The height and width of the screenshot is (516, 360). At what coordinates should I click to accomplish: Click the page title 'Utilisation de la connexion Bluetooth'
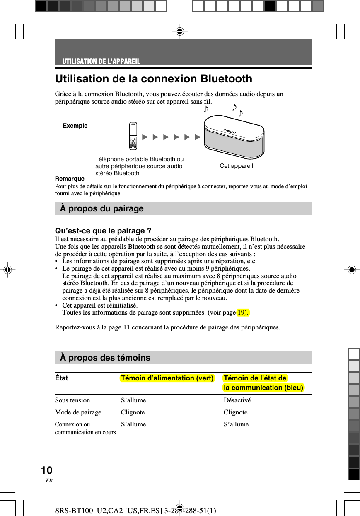[x=153, y=79]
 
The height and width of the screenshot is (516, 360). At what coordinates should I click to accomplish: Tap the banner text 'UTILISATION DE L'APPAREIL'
[x=101, y=61]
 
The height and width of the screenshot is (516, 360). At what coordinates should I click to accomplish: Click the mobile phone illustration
[x=133, y=136]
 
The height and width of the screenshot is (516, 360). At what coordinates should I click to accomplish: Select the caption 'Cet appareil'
[x=236, y=166]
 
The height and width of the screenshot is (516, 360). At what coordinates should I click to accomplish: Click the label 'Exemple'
[x=75, y=126]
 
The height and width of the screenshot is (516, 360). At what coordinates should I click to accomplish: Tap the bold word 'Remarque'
[x=70, y=179]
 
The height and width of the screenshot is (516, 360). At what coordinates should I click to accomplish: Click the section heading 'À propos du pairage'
[x=102, y=208]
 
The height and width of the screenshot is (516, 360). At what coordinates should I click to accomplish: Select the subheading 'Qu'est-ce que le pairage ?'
[x=103, y=231]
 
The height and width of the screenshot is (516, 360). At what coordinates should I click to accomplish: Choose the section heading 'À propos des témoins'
[x=105, y=358]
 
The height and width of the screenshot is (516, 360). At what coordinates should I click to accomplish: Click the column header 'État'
[x=61, y=378]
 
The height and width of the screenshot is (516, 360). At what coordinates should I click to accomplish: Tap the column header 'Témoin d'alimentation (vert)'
[x=167, y=378]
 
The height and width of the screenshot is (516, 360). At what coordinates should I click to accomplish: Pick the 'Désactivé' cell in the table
[x=237, y=400]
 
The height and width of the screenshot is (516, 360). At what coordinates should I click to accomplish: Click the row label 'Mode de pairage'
[x=78, y=412]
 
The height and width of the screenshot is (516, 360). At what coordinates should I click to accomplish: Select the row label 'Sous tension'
[x=72, y=400]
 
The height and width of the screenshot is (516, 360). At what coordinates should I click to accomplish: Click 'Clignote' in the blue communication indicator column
[x=235, y=412]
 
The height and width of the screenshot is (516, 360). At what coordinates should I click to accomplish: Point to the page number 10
[x=47, y=470]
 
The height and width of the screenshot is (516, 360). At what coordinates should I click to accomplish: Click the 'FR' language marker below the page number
[x=49, y=481]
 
